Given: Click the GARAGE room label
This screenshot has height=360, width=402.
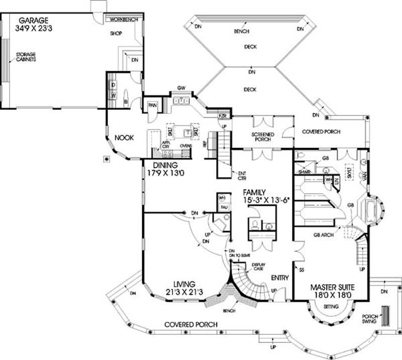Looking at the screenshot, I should coord(33,21).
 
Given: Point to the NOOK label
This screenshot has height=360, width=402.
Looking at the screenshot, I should coord(124,138).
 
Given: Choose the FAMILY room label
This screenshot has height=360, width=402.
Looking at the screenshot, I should coord(255,192).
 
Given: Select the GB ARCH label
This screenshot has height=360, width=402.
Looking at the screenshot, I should coord(325,234).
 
